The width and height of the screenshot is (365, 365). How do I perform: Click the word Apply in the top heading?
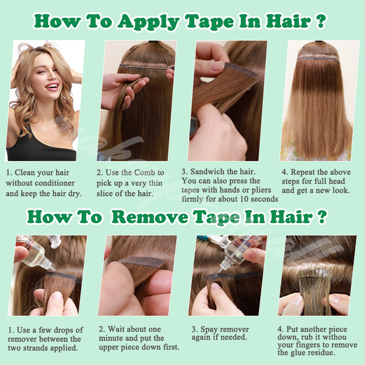pos(148,21)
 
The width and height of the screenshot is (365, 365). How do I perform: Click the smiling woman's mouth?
pos(52,86)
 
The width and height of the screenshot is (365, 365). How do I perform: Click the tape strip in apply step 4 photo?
pos(318,59)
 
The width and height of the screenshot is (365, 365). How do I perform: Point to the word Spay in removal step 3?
pos(208,329)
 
